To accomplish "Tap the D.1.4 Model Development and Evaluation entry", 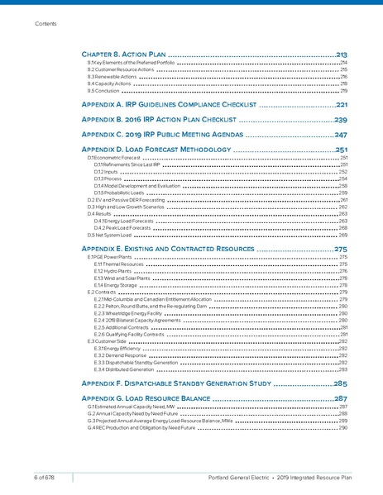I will click(132, 186).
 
